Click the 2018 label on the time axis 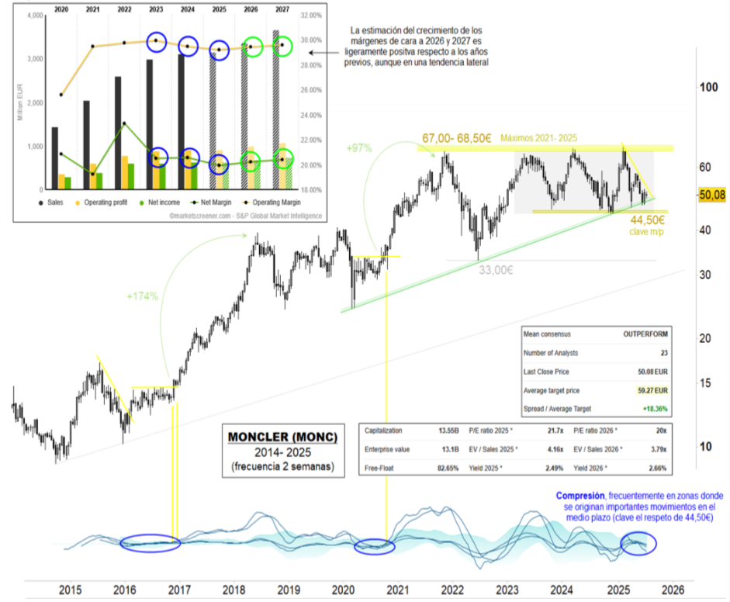(x=234, y=590)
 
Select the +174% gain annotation (x=143, y=296)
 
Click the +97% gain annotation (x=360, y=147)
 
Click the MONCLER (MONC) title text (x=282, y=437)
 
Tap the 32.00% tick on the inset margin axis (x=310, y=16)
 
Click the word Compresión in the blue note (x=581, y=495)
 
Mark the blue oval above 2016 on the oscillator (x=150, y=543)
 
